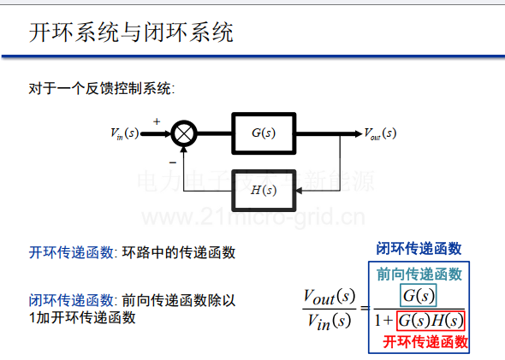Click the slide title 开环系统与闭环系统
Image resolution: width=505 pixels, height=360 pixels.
131,32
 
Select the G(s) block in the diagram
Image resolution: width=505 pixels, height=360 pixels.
264,133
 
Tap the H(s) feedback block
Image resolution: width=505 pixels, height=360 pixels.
264,191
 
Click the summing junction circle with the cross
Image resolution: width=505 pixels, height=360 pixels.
184,133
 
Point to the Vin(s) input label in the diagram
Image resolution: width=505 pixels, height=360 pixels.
125,133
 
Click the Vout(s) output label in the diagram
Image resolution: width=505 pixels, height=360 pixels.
380,133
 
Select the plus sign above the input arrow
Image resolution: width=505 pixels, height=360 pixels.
157,121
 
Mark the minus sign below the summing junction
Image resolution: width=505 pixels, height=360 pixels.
173,162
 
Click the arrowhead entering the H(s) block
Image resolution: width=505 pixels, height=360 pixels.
299,191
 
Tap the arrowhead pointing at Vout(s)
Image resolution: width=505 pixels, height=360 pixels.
359,133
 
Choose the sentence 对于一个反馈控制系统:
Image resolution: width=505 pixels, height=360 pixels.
102,88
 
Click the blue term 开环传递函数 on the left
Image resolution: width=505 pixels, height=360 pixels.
71,252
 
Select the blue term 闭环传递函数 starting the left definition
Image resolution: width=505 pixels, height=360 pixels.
71,300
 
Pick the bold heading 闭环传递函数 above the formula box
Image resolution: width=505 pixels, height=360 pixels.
419,249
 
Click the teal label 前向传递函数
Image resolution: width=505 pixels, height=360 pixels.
419,274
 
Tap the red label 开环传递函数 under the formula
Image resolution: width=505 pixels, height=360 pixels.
425,342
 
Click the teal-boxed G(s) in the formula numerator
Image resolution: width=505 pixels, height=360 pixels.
419,295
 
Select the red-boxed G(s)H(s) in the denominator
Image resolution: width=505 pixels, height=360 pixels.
431,321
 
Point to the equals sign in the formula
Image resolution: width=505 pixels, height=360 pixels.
365,309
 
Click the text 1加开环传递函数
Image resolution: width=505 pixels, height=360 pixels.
82,318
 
